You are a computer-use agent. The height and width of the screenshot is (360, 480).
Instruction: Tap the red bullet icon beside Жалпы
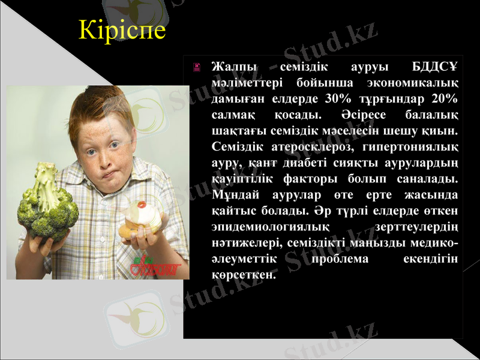pos(196,67)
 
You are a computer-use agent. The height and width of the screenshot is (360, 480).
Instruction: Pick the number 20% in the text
pos(444,98)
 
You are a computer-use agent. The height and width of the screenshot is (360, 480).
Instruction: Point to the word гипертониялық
pos(409,146)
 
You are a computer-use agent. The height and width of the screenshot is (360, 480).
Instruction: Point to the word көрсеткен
pos(244,276)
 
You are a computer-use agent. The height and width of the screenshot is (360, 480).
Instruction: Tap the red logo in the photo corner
pos(154,268)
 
